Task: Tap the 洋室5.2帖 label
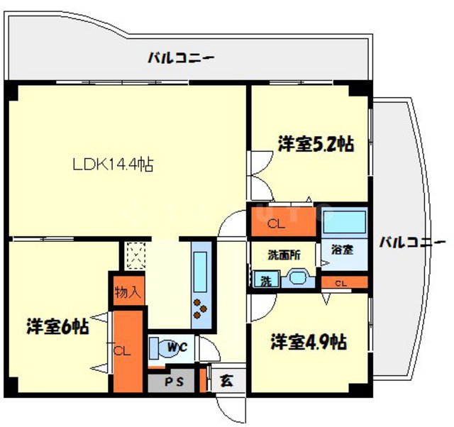coord(316,145)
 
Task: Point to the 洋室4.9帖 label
coord(309,343)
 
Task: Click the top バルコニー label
coord(180,57)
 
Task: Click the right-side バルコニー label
coord(411,243)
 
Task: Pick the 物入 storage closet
coord(128,290)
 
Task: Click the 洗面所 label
coord(282,253)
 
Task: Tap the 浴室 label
coord(343,250)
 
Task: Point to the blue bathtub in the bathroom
coord(343,222)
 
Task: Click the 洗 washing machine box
coord(265,279)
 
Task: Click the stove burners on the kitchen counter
coord(200,307)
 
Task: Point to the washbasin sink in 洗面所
coord(297,278)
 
